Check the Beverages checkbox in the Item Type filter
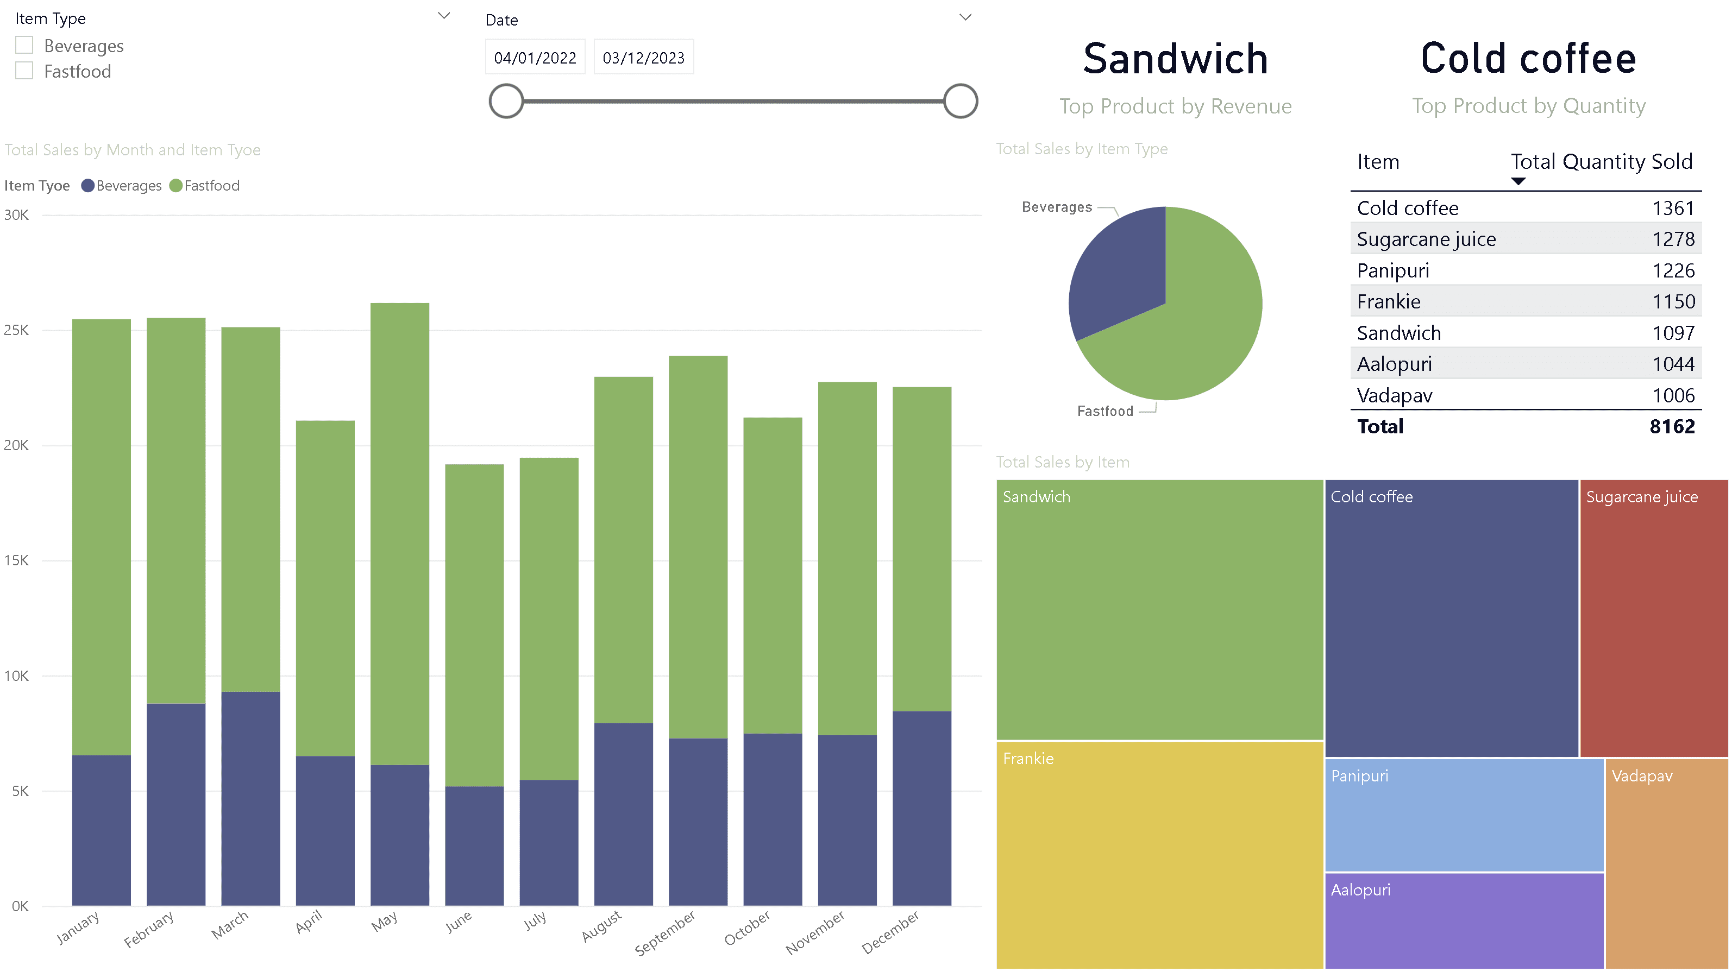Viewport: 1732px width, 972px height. [24, 45]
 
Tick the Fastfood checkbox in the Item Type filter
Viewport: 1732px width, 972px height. [24, 71]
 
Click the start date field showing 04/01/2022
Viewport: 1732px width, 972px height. [535, 58]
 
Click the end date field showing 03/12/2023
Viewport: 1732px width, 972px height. [643, 58]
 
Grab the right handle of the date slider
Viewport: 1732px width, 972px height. [959, 102]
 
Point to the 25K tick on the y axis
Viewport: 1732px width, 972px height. [17, 330]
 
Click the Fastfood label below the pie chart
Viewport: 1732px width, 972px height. [1105, 411]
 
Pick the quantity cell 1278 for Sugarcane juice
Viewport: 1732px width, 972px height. [1672, 239]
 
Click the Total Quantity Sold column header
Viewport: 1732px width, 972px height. [1601, 162]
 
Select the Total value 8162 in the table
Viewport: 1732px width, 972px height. [1672, 426]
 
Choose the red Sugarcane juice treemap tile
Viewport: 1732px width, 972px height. [1653, 618]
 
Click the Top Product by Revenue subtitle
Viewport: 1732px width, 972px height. [1175, 106]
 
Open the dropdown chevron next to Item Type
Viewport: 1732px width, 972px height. [444, 15]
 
